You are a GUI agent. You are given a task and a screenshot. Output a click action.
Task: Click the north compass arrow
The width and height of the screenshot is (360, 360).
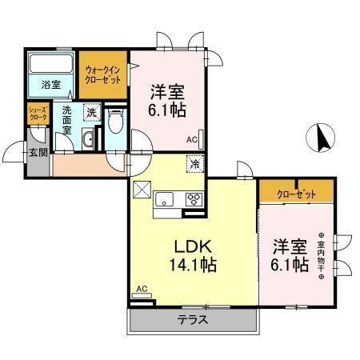[x=321, y=137]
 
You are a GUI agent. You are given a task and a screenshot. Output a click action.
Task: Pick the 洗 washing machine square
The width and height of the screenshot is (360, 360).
[x=92, y=112]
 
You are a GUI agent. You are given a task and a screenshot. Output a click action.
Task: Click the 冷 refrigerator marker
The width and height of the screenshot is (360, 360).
[x=195, y=164]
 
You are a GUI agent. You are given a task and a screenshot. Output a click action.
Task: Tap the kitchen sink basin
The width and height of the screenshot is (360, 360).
[x=166, y=200]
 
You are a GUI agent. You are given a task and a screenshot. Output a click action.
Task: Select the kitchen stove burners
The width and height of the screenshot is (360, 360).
[x=194, y=199]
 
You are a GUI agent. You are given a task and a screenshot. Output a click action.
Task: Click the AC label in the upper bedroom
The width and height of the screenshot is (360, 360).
[x=192, y=140]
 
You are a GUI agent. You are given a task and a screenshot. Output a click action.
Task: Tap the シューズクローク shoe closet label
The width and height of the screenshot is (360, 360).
[x=38, y=114]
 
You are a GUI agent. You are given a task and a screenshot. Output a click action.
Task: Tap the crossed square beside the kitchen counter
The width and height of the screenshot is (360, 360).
[x=142, y=190]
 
